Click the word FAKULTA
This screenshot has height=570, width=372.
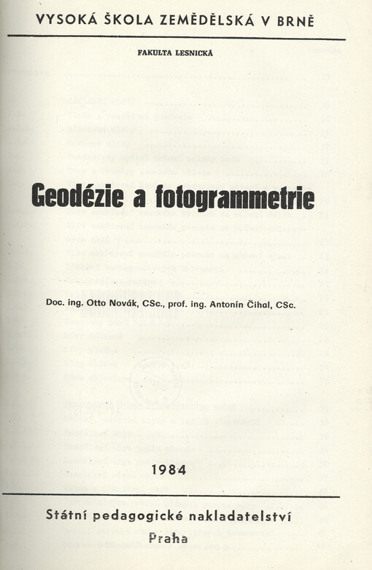pyautogui.click(x=156, y=52)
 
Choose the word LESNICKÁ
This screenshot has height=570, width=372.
pyautogui.click(x=195, y=52)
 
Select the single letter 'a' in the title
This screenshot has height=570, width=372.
pyautogui.click(x=139, y=198)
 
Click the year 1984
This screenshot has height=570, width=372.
pyautogui.click(x=170, y=470)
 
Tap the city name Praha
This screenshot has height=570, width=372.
pyautogui.click(x=168, y=539)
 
